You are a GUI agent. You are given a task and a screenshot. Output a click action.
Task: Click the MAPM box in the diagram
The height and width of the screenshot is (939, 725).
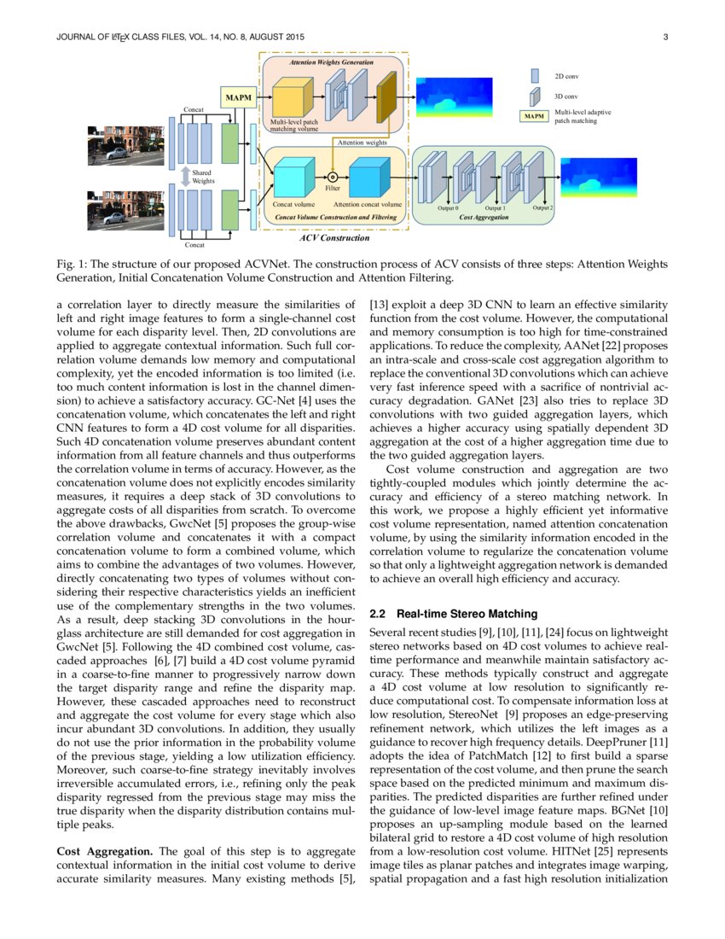(238, 97)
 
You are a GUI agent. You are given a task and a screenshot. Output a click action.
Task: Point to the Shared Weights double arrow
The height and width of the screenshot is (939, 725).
(184, 177)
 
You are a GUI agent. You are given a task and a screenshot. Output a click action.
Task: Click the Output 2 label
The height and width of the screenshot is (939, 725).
(542, 207)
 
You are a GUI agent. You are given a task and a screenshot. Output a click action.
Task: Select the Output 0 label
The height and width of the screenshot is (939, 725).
(448, 208)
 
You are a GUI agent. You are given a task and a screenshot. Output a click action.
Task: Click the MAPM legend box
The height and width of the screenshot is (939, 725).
(535, 116)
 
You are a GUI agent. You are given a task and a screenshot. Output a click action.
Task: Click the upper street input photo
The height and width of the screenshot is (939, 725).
(125, 144)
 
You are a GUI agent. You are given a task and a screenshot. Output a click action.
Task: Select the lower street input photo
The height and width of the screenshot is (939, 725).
(125, 209)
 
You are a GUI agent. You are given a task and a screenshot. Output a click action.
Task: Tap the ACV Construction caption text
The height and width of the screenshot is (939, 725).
(333, 236)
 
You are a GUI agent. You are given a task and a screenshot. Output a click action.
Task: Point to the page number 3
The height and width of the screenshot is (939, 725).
(664, 36)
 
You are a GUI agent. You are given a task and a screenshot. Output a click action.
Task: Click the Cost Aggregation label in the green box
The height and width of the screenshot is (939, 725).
(484, 218)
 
